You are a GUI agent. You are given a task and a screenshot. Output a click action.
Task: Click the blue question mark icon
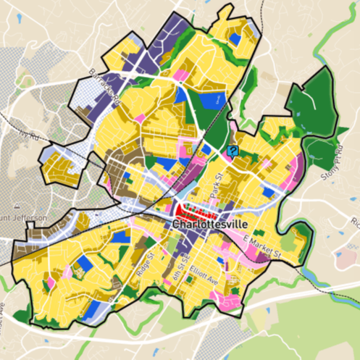(233, 151)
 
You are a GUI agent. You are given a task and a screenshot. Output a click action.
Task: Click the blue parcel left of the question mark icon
(206, 150)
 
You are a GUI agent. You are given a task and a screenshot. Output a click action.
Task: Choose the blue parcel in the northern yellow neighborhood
(214, 99)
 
